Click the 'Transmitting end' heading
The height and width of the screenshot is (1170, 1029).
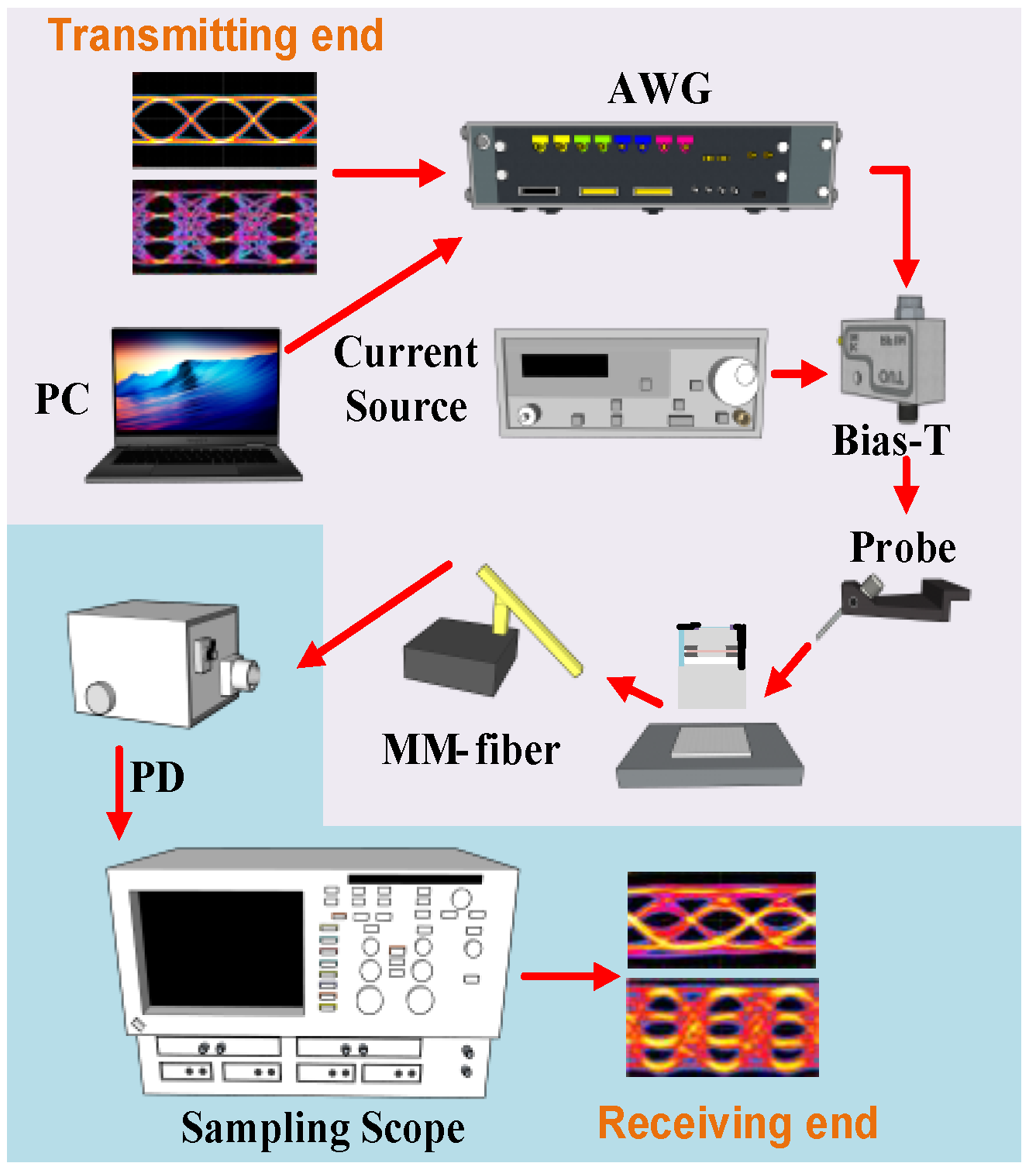tap(215, 36)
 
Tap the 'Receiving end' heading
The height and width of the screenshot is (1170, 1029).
tap(737, 1123)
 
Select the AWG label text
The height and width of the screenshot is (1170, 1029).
tap(659, 88)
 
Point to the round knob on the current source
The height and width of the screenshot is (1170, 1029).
tap(733, 380)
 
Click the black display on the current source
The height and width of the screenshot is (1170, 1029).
tap(564, 365)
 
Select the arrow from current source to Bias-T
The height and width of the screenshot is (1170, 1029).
tap(799, 373)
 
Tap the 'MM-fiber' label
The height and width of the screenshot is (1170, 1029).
tap(470, 749)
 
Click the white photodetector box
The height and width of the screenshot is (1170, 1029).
tap(155, 662)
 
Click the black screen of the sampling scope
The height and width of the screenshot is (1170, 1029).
tap(219, 949)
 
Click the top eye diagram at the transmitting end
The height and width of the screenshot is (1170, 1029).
tap(225, 120)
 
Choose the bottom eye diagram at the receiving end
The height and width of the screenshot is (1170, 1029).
tap(722, 1027)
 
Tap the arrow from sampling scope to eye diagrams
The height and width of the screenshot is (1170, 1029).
tap(570, 976)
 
